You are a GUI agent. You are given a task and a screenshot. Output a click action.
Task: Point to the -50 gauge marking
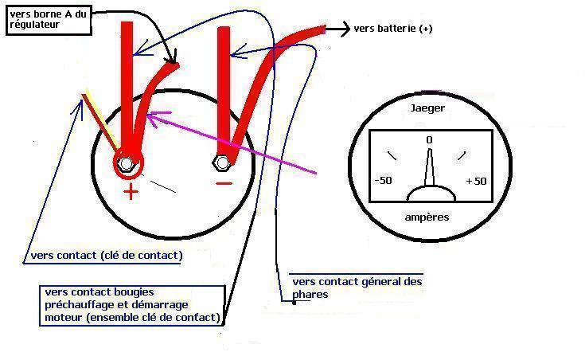point(383,181)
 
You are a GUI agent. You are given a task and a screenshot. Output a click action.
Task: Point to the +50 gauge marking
point(475,181)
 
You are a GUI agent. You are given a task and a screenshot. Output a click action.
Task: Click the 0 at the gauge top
point(430,140)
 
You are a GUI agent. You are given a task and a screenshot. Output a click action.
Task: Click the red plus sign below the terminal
point(131,191)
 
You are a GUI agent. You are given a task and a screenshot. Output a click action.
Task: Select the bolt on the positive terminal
point(126,164)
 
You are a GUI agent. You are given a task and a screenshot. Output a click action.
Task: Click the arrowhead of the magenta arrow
point(150,119)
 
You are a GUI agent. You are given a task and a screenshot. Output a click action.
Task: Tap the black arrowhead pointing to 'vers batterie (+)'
point(345,29)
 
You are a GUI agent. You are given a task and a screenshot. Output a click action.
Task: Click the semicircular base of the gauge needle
point(430,194)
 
